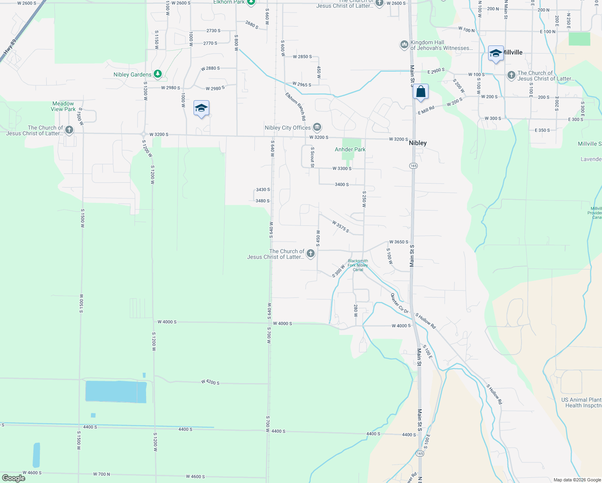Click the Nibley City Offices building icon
pos(317,128)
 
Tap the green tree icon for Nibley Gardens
pos(158,74)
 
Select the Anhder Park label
pos(350,149)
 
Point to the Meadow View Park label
pos(63,106)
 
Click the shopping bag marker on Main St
pos(421,92)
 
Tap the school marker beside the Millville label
pos(496,53)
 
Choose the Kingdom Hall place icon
pos(404,45)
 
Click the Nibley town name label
pos(418,143)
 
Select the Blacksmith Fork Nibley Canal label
pos(358,265)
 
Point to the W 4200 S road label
pos(210,382)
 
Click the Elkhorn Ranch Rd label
pos(296,107)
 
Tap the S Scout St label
pos(312,157)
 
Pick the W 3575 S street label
pos(341,227)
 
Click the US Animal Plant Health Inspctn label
pos(581,402)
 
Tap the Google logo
pos(13,478)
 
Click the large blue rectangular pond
pos(116,392)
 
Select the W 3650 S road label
pos(399,242)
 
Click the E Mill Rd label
pos(426,110)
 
